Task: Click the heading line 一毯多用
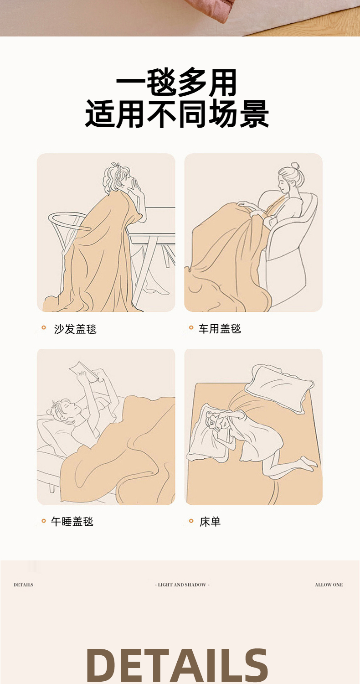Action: tap(176, 82)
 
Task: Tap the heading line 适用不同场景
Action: tap(177, 114)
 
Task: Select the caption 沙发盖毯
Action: tap(75, 329)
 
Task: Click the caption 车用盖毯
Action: tap(220, 329)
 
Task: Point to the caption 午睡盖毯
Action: tap(72, 521)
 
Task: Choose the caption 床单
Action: tap(210, 522)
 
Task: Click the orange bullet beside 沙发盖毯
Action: tap(44, 328)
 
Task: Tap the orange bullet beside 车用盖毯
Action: tap(191, 328)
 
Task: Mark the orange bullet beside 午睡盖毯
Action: tap(44, 521)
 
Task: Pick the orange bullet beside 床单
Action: tap(191, 521)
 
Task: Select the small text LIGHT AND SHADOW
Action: tap(182, 585)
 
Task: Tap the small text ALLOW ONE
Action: tap(329, 585)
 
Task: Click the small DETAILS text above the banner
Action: tap(24, 585)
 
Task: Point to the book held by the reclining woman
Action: tap(84, 371)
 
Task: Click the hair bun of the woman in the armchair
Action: tap(295, 166)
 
